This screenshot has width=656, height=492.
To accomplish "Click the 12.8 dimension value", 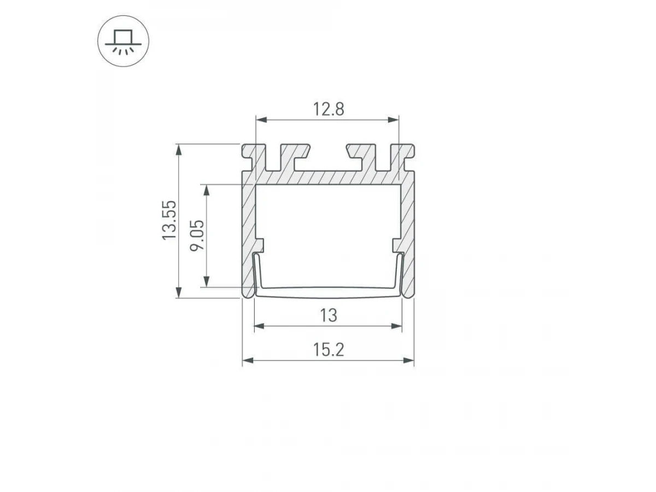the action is point(329,109).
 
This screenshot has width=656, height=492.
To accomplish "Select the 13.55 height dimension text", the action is point(169,220).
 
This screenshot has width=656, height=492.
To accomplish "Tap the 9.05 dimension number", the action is point(197,236).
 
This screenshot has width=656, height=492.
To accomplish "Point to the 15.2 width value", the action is point(329,350).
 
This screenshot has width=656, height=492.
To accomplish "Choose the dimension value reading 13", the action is point(329,315).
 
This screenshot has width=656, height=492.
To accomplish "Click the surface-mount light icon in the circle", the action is point(123,41).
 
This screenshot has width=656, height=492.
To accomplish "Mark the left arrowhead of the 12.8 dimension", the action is point(261,120).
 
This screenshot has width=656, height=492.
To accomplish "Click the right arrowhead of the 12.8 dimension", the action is point(393,120).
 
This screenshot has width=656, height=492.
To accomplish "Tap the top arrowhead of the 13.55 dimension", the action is point(178,150).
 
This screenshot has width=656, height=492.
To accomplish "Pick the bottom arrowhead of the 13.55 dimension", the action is point(178,292).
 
